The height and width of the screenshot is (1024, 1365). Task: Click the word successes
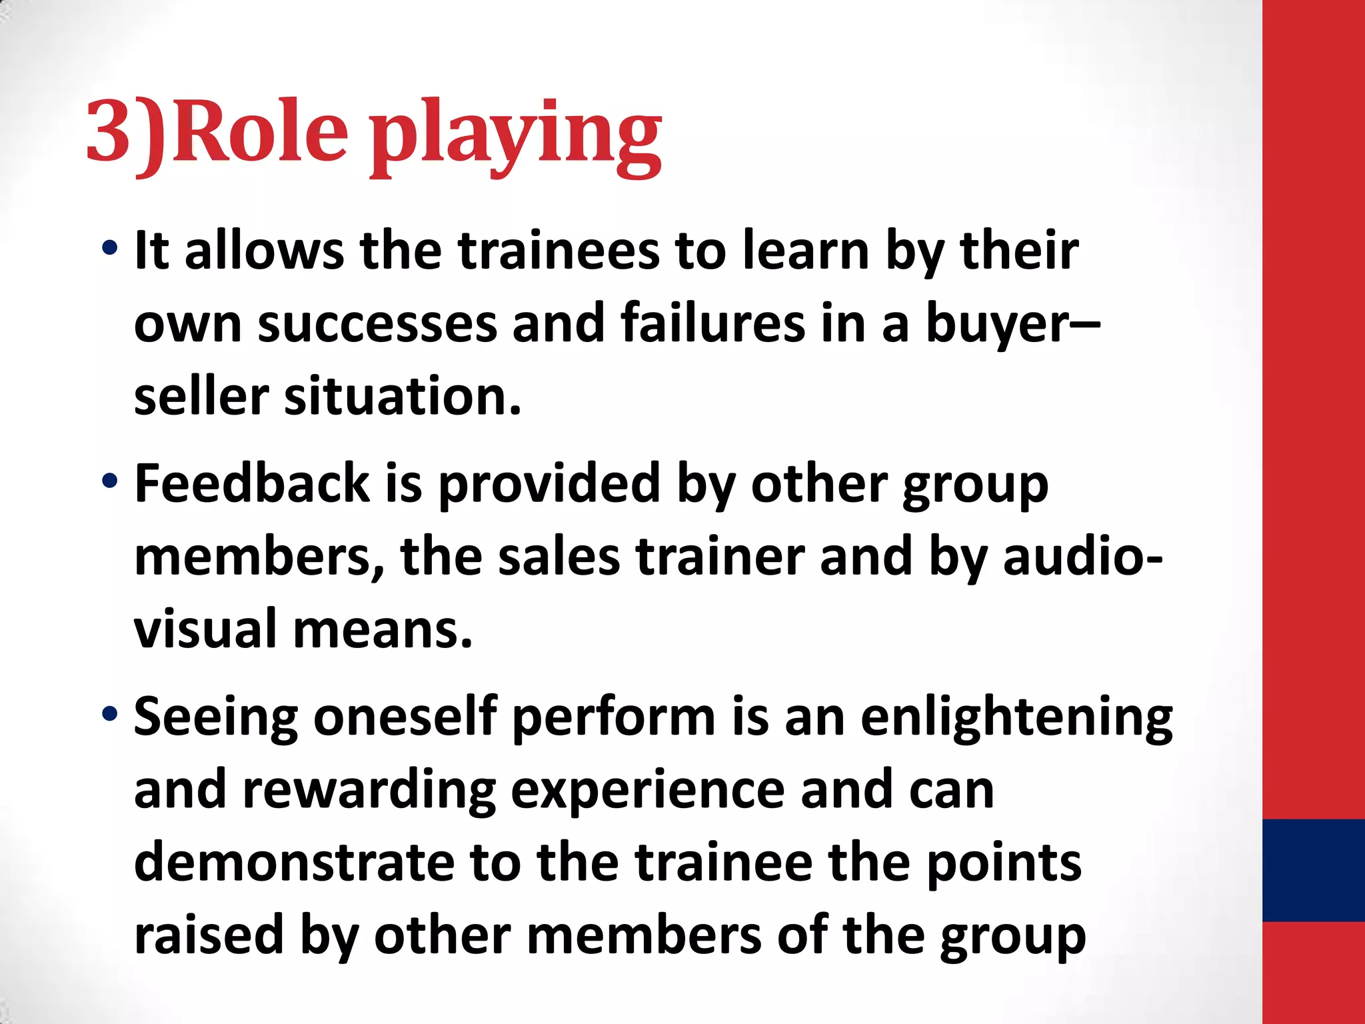click(377, 324)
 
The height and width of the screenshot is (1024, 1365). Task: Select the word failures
click(712, 324)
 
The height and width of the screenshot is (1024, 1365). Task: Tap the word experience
click(648, 791)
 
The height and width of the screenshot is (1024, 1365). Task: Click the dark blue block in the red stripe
click(1313, 870)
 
